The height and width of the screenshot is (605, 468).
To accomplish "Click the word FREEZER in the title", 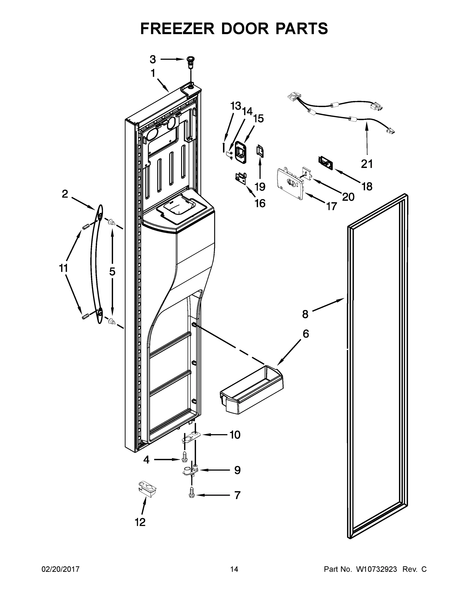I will point(177,28).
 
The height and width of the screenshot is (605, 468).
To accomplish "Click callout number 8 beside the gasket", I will point(305,314).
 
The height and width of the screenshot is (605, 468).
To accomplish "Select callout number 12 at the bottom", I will point(140,522).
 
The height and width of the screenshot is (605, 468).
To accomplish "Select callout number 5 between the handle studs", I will point(112,272).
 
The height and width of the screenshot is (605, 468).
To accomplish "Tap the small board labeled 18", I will point(325,163).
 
